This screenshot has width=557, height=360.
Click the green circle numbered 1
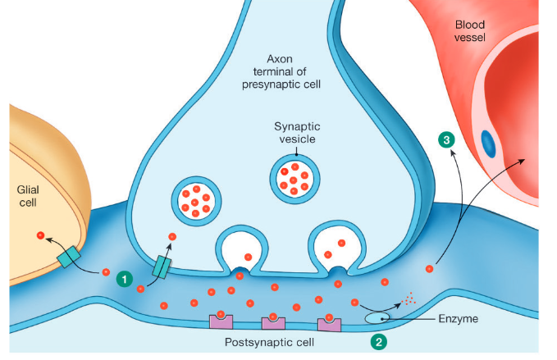point(125,280)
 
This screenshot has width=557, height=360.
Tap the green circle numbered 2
point(377,339)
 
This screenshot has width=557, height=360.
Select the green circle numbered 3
point(446,140)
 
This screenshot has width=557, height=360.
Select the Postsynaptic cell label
point(265,342)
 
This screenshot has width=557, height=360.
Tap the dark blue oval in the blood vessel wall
point(488,144)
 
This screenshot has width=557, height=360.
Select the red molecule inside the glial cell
point(40,236)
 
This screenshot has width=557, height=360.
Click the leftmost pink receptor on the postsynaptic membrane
point(221,321)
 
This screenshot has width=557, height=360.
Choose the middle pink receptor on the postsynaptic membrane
point(273,322)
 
